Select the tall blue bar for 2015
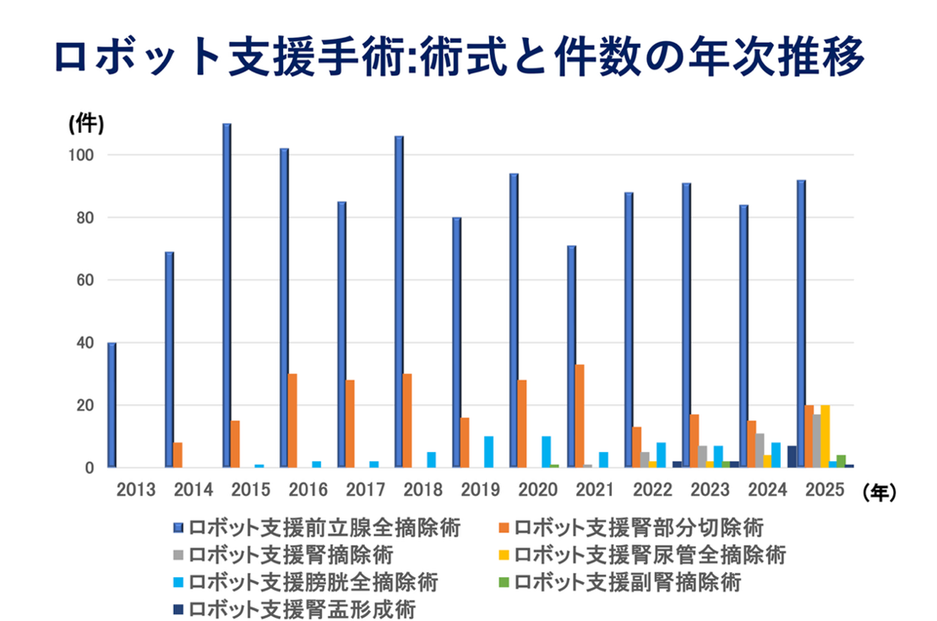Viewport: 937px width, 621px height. tap(226, 296)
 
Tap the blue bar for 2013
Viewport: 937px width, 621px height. tap(112, 405)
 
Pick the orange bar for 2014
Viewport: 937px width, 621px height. tap(177, 455)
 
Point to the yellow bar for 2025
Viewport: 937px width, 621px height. tap(825, 436)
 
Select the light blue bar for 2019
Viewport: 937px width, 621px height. tap(488, 451)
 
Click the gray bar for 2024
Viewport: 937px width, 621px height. tap(760, 450)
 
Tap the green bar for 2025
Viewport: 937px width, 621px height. tap(841, 461)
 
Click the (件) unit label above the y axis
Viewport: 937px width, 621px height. tap(85, 123)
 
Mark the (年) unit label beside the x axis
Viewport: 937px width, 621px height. tap(879, 489)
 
